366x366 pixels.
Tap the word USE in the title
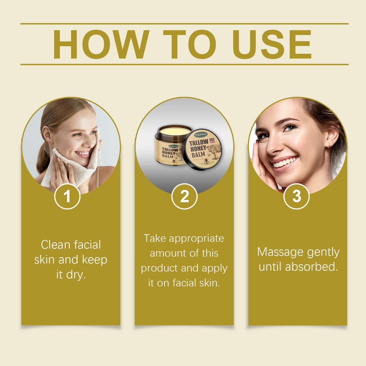click(272, 44)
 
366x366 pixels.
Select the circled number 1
click(67, 196)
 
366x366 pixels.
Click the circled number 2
click(184, 196)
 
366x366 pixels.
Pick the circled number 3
click(296, 196)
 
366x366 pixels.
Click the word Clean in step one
click(55, 245)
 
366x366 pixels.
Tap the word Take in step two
click(155, 238)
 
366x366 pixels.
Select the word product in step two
click(159, 268)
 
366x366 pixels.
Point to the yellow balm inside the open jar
click(175, 131)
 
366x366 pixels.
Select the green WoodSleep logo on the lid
click(201, 134)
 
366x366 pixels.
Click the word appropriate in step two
click(196, 238)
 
